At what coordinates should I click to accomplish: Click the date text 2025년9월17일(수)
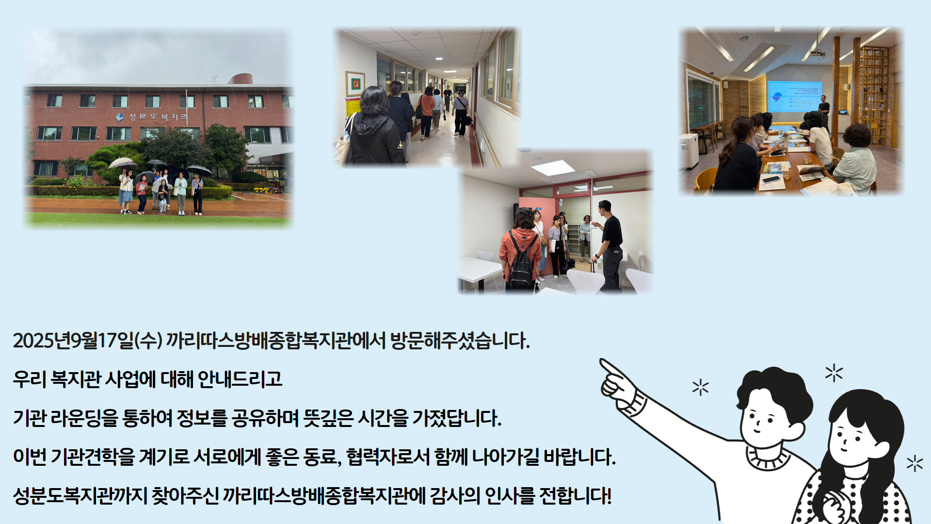click(88, 341)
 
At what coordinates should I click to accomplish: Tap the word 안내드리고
click(240, 379)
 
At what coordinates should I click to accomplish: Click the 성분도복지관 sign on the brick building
click(152, 117)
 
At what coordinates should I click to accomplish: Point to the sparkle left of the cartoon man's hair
click(700, 387)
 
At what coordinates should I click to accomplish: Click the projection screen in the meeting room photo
click(794, 97)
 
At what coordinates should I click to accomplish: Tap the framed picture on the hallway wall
click(355, 83)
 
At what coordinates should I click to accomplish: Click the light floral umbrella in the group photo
click(123, 163)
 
